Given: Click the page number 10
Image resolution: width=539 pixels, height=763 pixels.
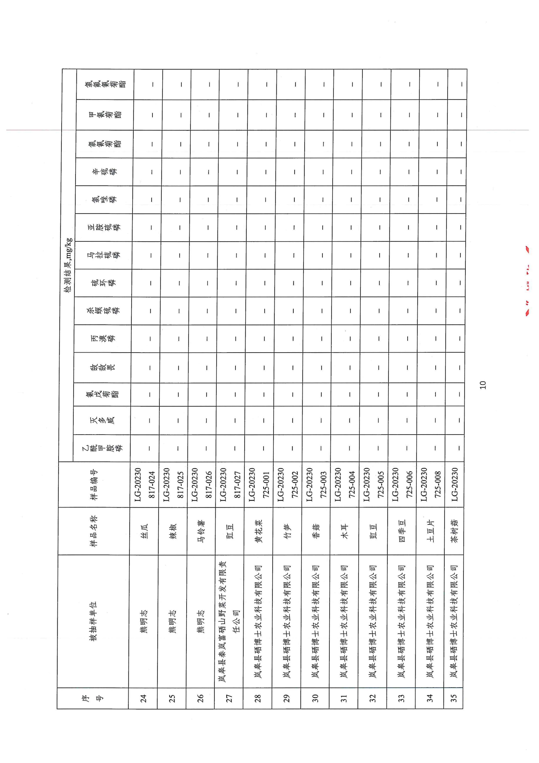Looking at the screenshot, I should click(483, 385).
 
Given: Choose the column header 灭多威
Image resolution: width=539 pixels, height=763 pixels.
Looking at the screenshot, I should click(102, 420).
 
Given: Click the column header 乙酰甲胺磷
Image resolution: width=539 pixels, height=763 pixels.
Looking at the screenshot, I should click(102, 448).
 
